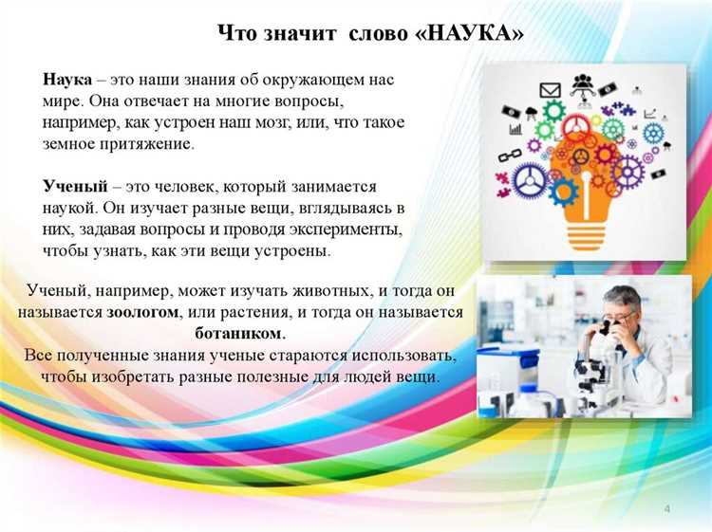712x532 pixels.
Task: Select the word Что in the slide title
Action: (234, 33)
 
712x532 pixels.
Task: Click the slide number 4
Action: (667, 509)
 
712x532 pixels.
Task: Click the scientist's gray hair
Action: (622, 297)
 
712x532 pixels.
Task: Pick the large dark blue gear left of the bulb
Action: (530, 178)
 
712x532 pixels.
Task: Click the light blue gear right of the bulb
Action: (652, 133)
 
